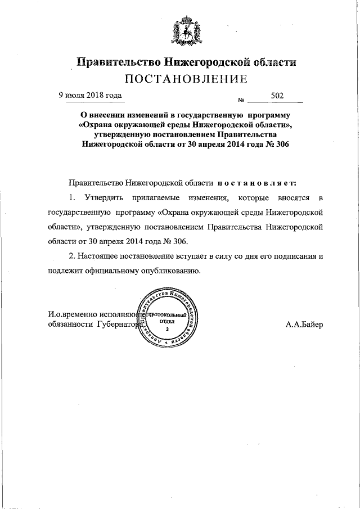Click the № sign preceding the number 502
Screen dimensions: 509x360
click(x=241, y=101)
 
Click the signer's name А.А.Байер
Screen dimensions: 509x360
click(x=304, y=325)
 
